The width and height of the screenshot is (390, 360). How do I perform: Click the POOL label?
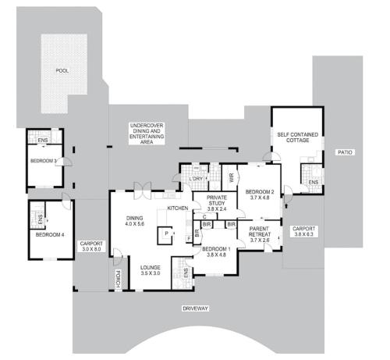click(x=62, y=70)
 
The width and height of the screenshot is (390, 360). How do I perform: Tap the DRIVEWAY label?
click(x=195, y=308)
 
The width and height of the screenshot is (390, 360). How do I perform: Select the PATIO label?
click(x=345, y=152)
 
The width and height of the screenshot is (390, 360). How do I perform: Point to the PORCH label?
click(x=118, y=279)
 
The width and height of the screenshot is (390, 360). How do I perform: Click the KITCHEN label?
click(x=178, y=209)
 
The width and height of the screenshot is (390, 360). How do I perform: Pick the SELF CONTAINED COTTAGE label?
click(x=298, y=137)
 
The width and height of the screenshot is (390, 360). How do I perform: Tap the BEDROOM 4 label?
click(x=50, y=235)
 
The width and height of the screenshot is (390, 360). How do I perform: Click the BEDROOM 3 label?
click(x=44, y=161)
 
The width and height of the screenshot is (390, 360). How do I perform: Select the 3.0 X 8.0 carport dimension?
click(x=91, y=249)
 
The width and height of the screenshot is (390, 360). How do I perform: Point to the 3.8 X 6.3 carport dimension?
click(x=303, y=234)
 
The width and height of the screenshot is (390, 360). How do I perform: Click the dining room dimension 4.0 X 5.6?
click(x=135, y=223)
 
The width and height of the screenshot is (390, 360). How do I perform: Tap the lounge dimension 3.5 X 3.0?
click(x=151, y=273)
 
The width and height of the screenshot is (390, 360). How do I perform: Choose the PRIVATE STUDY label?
click(x=217, y=200)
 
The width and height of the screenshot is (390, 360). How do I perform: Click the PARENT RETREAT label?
click(x=259, y=231)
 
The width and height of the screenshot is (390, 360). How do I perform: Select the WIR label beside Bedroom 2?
click(x=232, y=178)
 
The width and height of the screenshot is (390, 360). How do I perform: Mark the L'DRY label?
click(x=196, y=179)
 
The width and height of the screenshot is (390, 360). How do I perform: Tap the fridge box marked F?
click(x=189, y=238)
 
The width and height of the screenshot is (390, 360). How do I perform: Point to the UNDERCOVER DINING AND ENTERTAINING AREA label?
click(x=147, y=134)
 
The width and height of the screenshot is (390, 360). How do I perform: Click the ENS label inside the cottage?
click(x=314, y=183)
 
